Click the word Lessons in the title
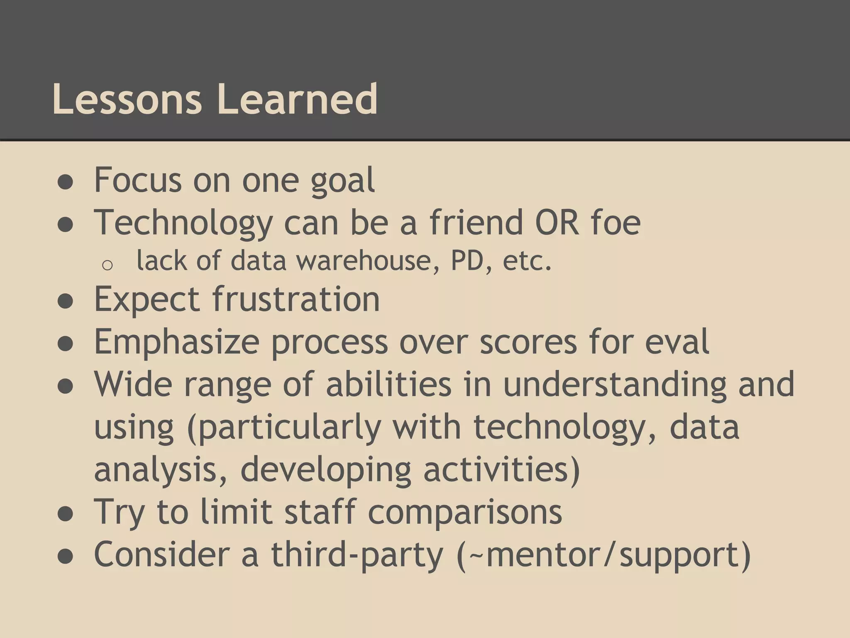pos(127,100)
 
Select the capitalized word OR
pos(557,223)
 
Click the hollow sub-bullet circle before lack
pos(107,265)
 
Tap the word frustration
pos(296,299)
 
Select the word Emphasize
pos(177,341)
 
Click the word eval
pos(677,341)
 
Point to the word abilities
pos(388,384)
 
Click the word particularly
pos(284,428)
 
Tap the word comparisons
pos(465,513)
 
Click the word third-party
pos(357,555)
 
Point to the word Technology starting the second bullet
pos(183,223)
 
